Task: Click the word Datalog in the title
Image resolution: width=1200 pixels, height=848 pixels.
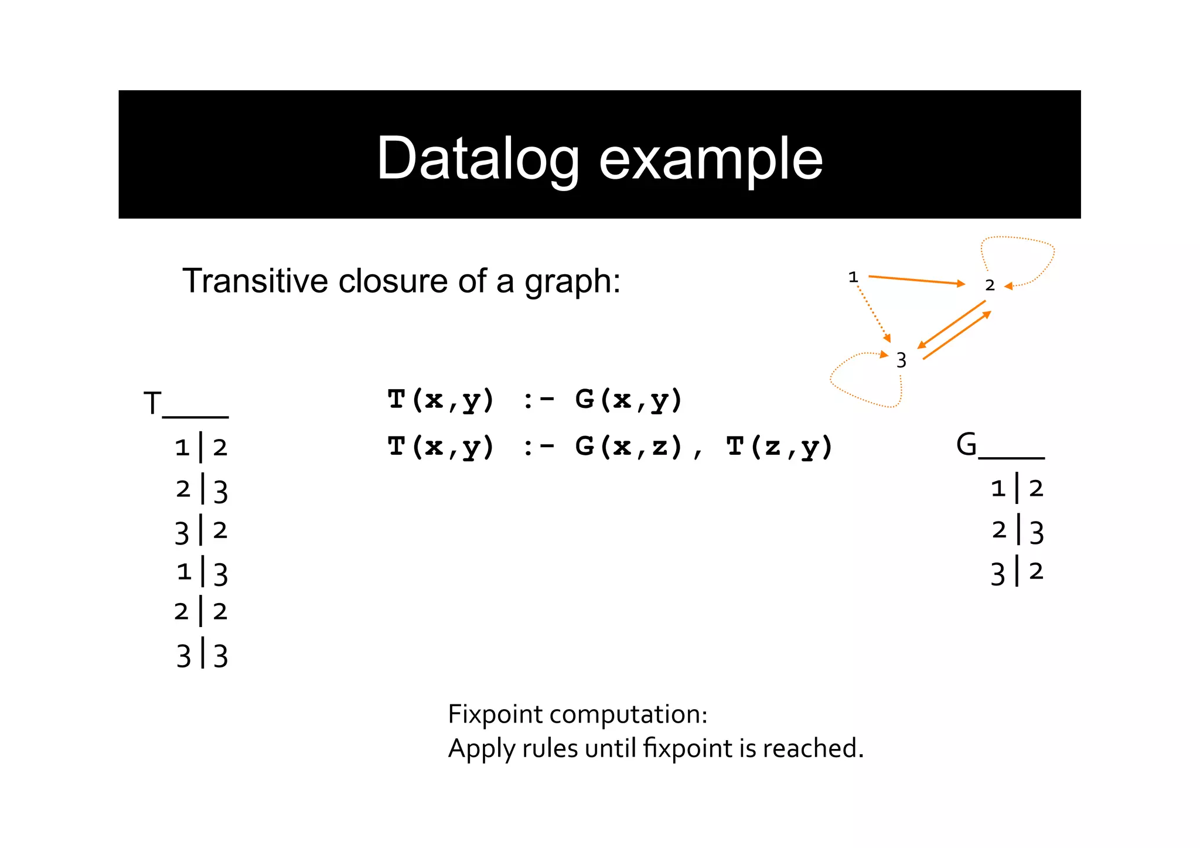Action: click(478, 158)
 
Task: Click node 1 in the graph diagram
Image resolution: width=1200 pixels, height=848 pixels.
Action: click(853, 277)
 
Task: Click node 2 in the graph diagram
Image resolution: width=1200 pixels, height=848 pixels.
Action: click(990, 285)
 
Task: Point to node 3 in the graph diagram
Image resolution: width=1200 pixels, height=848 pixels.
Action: click(901, 360)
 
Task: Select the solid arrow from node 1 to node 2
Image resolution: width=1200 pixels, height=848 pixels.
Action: click(916, 280)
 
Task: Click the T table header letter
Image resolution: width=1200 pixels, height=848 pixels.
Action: click(152, 403)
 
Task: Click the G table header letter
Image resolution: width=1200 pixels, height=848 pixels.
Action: click(966, 444)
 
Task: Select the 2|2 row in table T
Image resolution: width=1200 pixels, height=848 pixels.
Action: click(201, 612)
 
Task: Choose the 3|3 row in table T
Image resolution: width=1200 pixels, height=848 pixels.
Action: click(202, 655)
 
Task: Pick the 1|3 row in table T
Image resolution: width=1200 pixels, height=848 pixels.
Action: click(202, 572)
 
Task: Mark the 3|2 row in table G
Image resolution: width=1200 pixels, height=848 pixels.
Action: click(1017, 572)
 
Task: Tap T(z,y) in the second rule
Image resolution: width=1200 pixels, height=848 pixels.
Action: click(779, 447)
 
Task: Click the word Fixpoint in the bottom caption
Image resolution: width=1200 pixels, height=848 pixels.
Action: click(495, 714)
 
